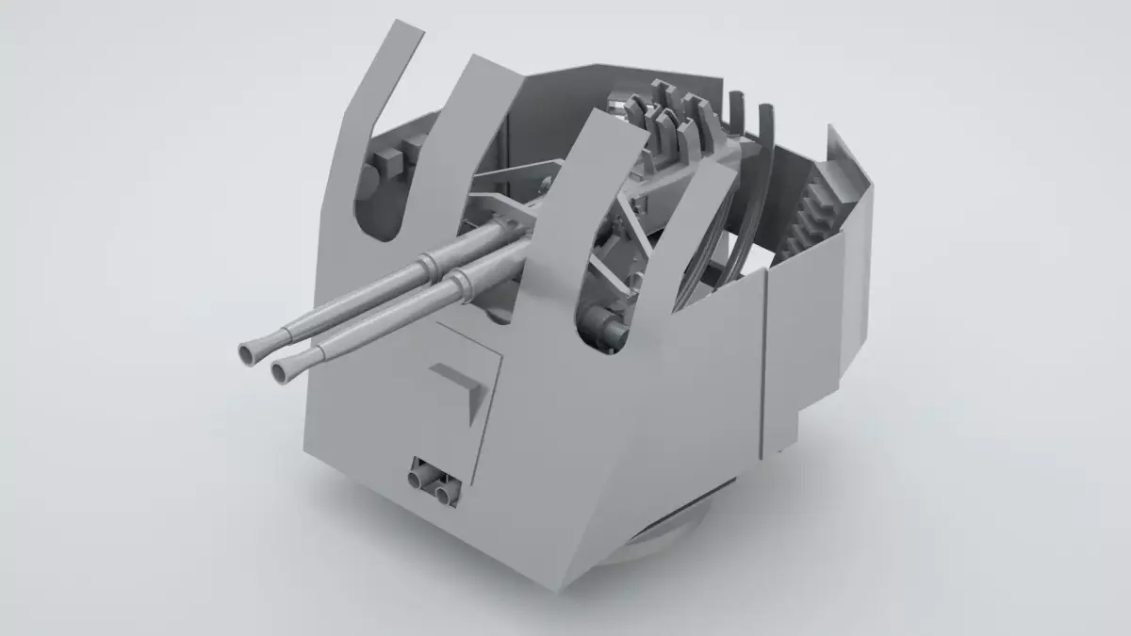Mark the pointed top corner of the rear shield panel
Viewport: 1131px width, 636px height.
click(831, 126)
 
